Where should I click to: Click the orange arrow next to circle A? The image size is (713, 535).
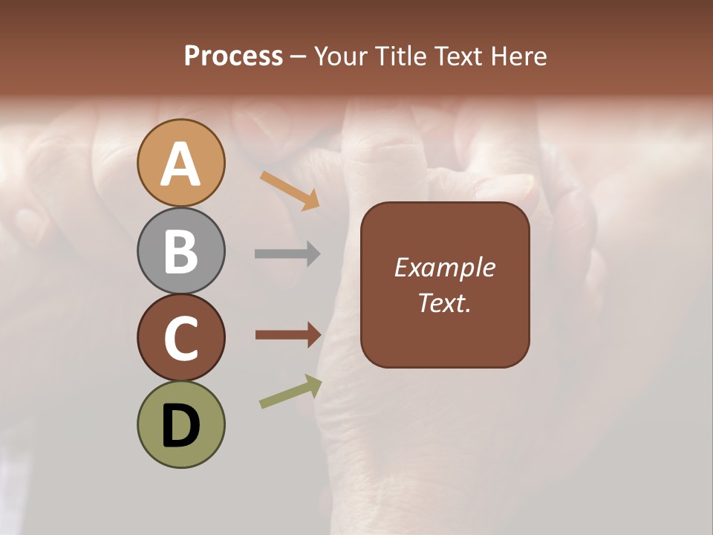[290, 190]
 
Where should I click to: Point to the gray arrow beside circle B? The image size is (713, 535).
[287, 253]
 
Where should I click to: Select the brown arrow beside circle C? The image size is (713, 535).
[288, 334]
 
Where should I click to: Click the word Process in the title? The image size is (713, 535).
[233, 56]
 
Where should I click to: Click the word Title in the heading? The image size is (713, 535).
[401, 56]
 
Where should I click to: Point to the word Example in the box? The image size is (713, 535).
[445, 267]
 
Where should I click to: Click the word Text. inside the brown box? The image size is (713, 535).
[445, 303]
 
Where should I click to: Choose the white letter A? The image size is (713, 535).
[180, 165]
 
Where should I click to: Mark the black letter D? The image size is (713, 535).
[180, 427]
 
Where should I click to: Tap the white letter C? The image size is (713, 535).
[180, 339]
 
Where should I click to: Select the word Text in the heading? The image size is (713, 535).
[458, 56]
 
